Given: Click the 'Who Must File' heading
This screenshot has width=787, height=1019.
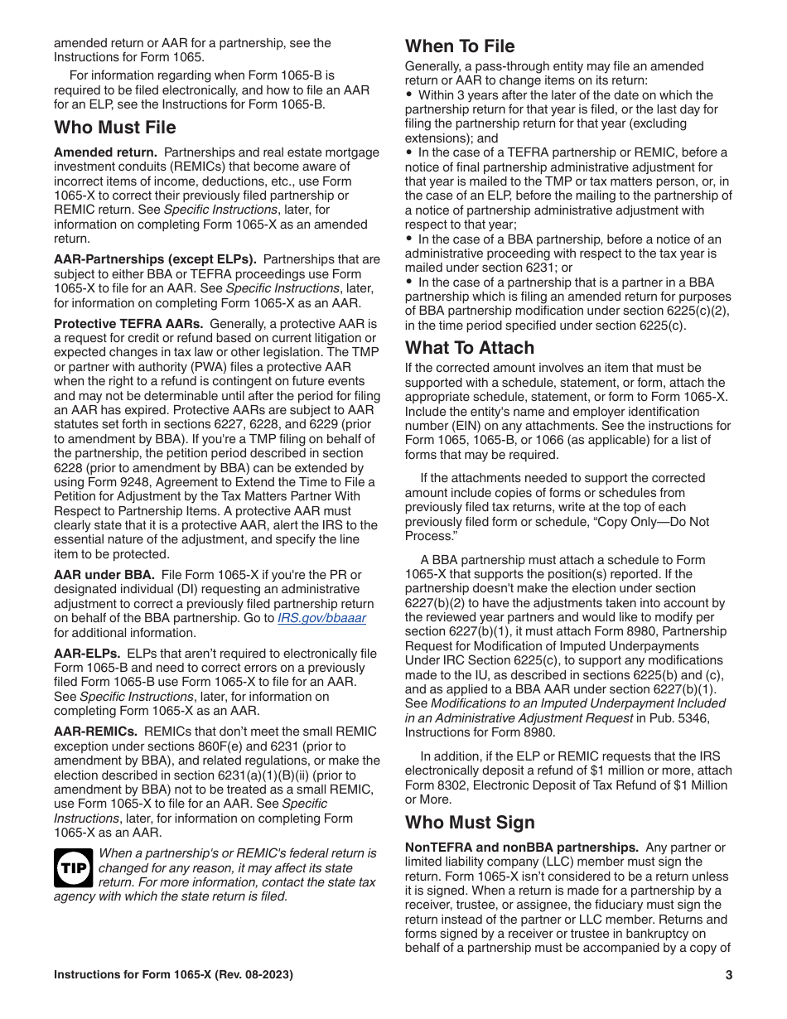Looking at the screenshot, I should point(115,128).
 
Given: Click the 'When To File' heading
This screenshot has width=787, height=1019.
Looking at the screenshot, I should point(460,46).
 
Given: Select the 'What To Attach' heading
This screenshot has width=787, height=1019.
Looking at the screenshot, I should point(470,348).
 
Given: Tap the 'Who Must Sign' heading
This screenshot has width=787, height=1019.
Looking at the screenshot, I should point(470,823).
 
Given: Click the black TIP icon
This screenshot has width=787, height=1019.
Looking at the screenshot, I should point(73,867).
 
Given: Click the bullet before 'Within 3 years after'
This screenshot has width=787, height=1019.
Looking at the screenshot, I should point(409,95).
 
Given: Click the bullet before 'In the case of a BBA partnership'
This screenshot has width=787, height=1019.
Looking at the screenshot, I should point(409,239).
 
